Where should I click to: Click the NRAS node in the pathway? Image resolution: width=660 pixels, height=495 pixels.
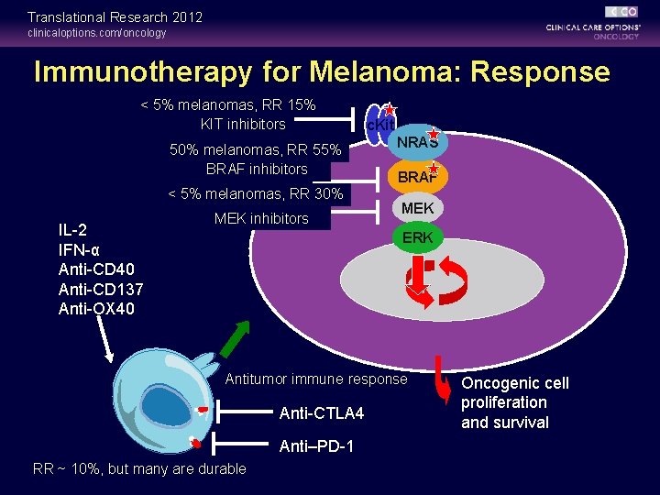pos(416,143)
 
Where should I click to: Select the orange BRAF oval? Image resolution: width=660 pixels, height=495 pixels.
pos(417,177)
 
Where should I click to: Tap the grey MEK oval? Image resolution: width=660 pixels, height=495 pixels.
pos(417,208)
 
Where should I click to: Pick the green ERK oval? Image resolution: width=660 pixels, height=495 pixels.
pos(417,237)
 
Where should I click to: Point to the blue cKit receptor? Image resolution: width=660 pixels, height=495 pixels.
pos(379,123)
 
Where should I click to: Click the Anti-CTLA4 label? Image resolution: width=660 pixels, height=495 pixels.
pos(321,414)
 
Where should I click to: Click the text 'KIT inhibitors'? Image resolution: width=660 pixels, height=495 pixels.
pos(243,124)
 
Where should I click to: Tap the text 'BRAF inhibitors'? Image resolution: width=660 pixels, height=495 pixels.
pos(257,169)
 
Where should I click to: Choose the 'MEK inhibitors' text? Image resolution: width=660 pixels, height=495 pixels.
pos(261,218)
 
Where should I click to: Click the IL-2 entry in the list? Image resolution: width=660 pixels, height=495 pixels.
pos(72,230)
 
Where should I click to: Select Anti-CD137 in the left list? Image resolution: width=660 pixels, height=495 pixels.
pos(100,290)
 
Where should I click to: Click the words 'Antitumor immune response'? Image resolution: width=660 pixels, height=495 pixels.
pos(316,379)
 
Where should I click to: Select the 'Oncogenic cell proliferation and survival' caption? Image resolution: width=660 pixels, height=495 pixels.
pos(514,402)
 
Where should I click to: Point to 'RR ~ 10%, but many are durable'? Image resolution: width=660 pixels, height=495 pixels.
pos(139,468)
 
